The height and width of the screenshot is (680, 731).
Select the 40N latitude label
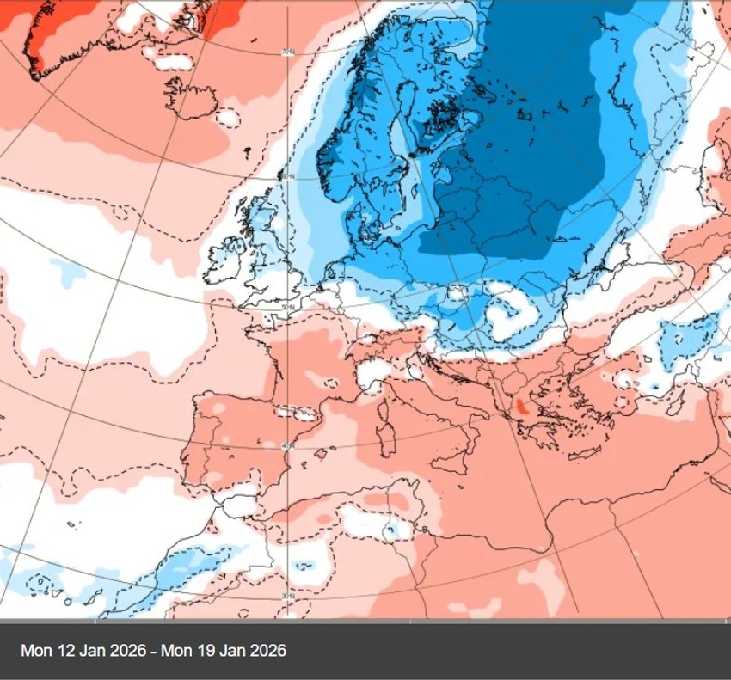click(x=289, y=446)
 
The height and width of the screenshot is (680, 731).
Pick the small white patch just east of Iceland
click(x=228, y=116)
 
